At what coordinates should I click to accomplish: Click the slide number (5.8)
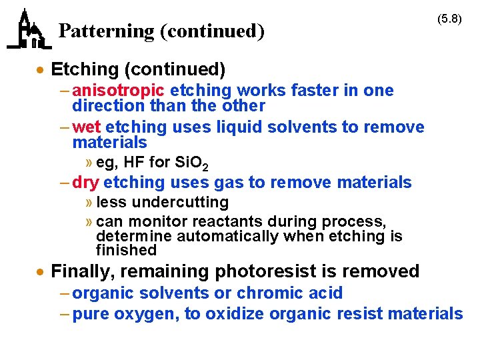tap(449, 19)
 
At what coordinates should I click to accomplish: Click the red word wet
tap(87, 127)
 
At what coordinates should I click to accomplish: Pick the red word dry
tap(86, 182)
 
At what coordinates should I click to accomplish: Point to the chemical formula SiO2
tap(191, 162)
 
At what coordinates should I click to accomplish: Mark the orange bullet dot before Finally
tap(41, 272)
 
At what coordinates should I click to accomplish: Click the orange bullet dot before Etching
tap(41, 70)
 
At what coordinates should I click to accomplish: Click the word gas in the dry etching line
tap(233, 182)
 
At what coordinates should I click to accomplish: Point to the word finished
tap(126, 251)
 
